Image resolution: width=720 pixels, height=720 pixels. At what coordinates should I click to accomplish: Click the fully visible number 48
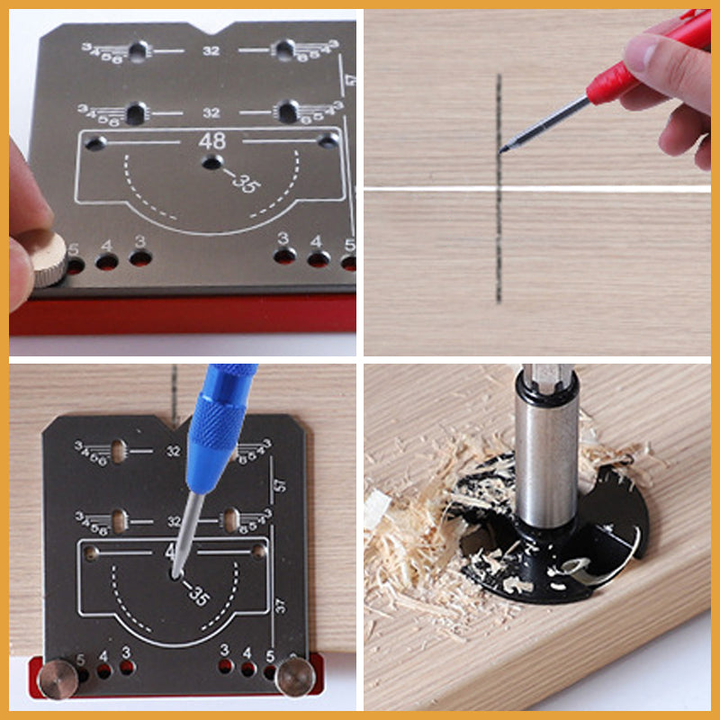(212, 141)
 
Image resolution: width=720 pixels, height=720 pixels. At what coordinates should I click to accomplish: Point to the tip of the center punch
(175, 573)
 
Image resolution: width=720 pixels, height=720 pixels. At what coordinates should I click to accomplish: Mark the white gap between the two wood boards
(540, 189)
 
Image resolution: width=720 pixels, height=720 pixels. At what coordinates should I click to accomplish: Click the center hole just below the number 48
(212, 163)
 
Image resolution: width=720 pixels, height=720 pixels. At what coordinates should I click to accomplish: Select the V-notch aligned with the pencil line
(173, 419)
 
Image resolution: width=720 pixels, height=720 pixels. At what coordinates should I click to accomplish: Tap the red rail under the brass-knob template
(180, 315)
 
